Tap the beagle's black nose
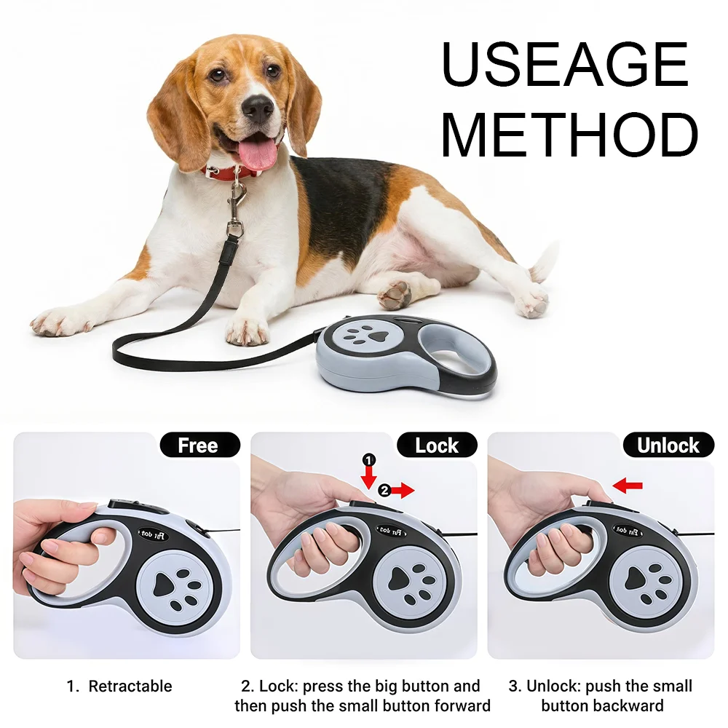pyautogui.click(x=257, y=108)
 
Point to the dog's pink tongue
pyautogui.click(x=258, y=154)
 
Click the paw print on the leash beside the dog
pyautogui.click(x=368, y=336)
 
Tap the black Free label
pyautogui.click(x=198, y=446)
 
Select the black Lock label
pyautogui.click(x=437, y=446)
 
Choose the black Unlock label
pyautogui.click(x=668, y=446)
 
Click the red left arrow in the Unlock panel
pyautogui.click(x=628, y=485)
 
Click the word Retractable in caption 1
pyautogui.click(x=130, y=686)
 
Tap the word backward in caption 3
pyautogui.click(x=629, y=705)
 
